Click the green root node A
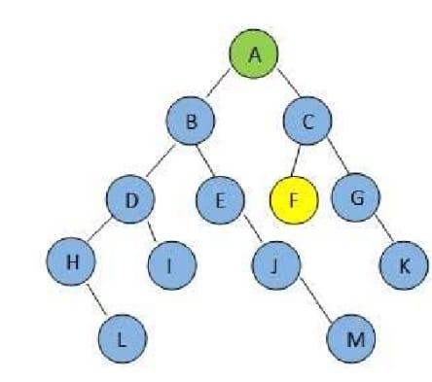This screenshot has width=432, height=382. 254,54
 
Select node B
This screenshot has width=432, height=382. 191,122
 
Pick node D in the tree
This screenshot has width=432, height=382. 131,202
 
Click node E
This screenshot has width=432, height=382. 219,201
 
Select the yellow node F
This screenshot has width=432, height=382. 294,202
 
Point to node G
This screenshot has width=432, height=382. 355,201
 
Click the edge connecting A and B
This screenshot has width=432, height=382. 223,87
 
